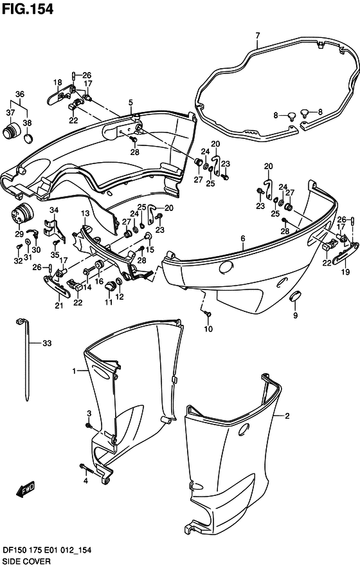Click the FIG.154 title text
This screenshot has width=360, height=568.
(28, 9)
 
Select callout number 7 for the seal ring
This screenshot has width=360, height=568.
(258, 35)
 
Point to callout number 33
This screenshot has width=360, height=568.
(47, 343)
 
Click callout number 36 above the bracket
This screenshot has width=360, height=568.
(20, 94)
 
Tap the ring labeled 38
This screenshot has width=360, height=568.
(29, 139)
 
